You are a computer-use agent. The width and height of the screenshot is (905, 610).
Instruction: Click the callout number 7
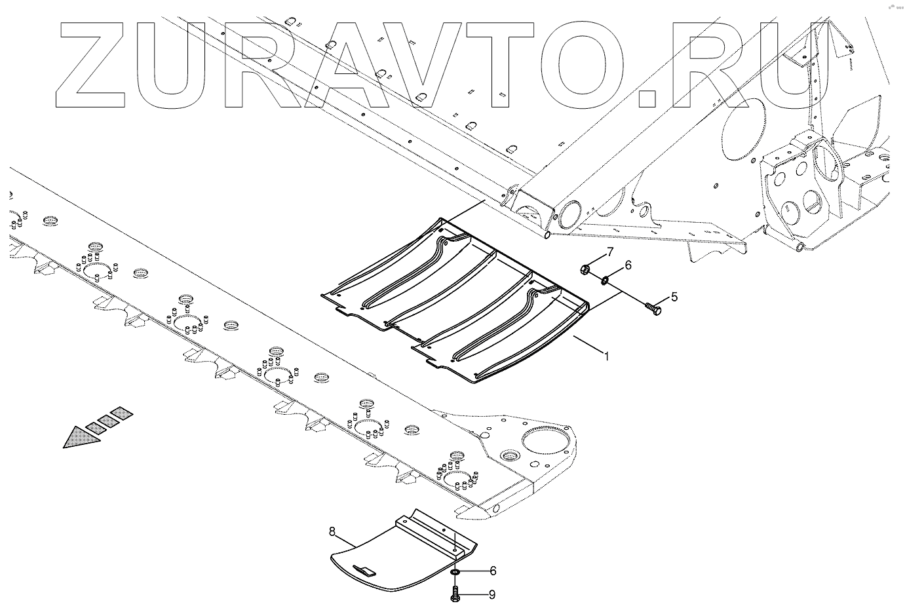point(609,252)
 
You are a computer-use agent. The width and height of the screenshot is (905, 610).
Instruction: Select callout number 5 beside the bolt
point(674,296)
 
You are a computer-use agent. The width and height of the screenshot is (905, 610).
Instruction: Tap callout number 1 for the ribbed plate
point(607,356)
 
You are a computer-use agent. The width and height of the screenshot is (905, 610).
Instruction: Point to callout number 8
point(332,532)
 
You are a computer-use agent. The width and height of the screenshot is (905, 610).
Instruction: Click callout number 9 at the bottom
point(492,595)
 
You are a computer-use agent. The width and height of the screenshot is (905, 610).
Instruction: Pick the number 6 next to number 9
point(492,571)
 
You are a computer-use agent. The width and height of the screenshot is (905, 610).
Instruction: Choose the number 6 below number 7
point(627,265)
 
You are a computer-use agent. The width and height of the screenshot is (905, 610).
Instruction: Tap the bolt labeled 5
point(653,307)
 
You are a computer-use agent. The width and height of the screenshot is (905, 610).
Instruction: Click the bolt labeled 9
point(455,595)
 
